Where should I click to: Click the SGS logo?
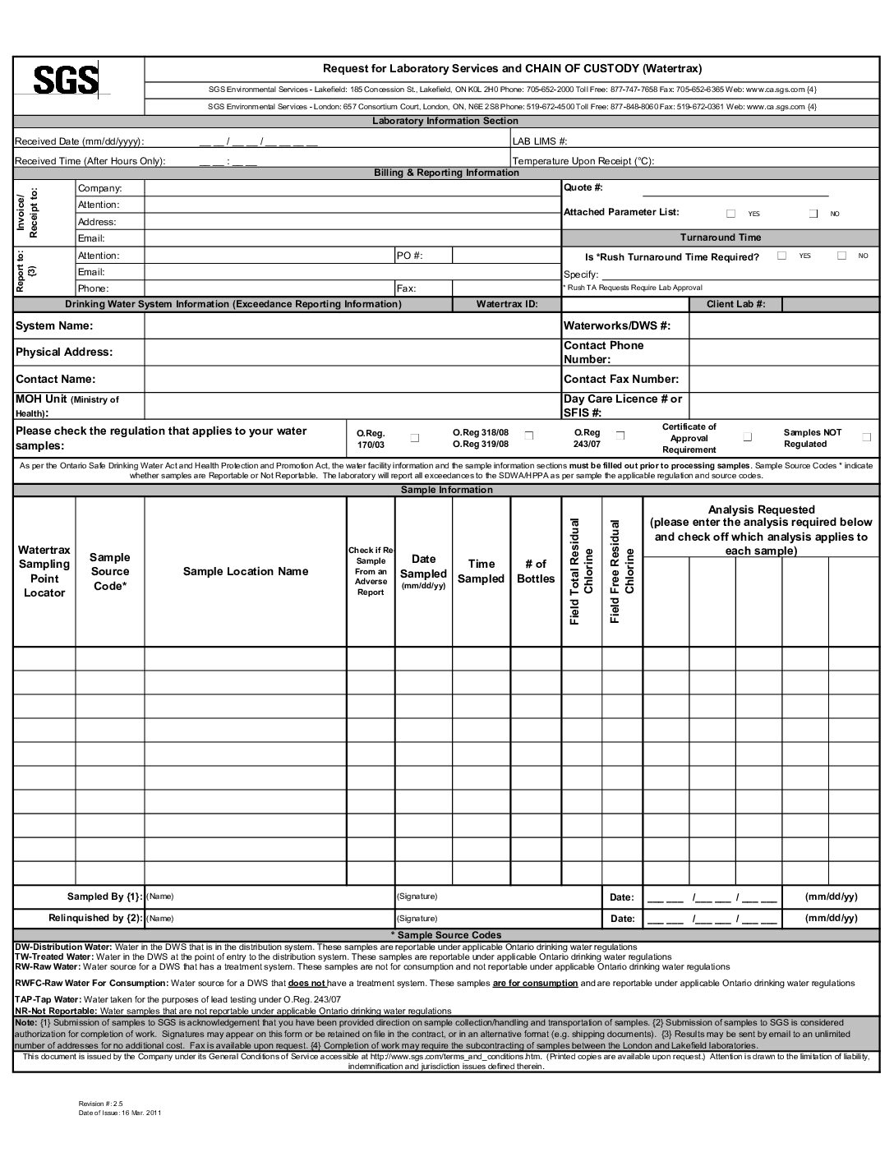pyautogui.click(x=66, y=81)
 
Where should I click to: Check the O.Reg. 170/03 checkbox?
pyautogui.click(x=415, y=438)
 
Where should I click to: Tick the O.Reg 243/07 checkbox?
pyautogui.click(x=620, y=435)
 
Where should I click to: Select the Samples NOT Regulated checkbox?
pyautogui.click(x=866, y=437)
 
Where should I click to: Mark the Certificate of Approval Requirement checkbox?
pyautogui.click(x=748, y=437)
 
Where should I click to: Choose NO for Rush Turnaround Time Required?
pyautogui.click(x=841, y=256)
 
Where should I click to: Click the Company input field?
pyautogui.click(x=352, y=188)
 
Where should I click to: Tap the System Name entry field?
pyautogui.click(x=352, y=326)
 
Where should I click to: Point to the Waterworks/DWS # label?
pyautogui.click(x=617, y=326)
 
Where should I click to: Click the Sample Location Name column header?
pyautogui.click(x=246, y=572)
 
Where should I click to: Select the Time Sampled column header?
pyautogui.click(x=481, y=571)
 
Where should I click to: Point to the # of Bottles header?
pyautogui.click(x=536, y=571)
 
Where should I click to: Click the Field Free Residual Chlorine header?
pyautogui.click(x=622, y=571)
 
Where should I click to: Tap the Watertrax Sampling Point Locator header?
pyautogui.click(x=44, y=571)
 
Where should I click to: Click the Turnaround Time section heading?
pyautogui.click(x=720, y=237)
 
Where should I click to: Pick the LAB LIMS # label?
pyautogui.click(x=540, y=141)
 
